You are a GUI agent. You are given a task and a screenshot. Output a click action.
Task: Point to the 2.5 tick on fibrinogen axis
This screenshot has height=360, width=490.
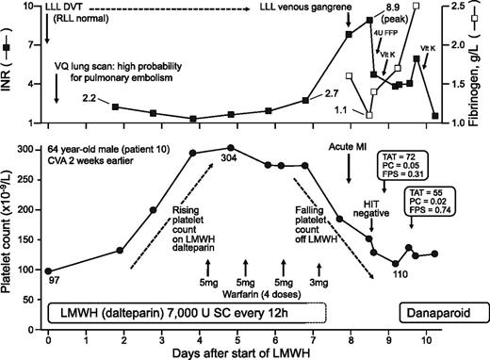click(466, 7)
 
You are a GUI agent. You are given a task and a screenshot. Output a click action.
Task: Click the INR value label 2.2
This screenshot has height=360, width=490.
click(90, 98)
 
